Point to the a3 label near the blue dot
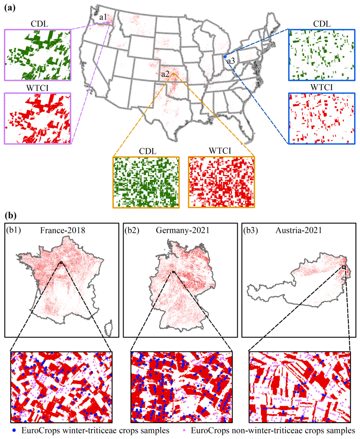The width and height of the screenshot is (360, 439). (x=231, y=61)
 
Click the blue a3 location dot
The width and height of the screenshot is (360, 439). (x=225, y=56)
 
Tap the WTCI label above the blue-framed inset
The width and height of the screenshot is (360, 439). (x=322, y=88)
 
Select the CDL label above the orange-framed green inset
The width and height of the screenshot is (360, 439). (x=147, y=151)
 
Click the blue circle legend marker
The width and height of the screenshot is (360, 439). (x=15, y=430)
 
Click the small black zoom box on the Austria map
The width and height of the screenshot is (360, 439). (x=344, y=267)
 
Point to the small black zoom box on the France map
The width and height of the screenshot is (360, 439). (x=61, y=262)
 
